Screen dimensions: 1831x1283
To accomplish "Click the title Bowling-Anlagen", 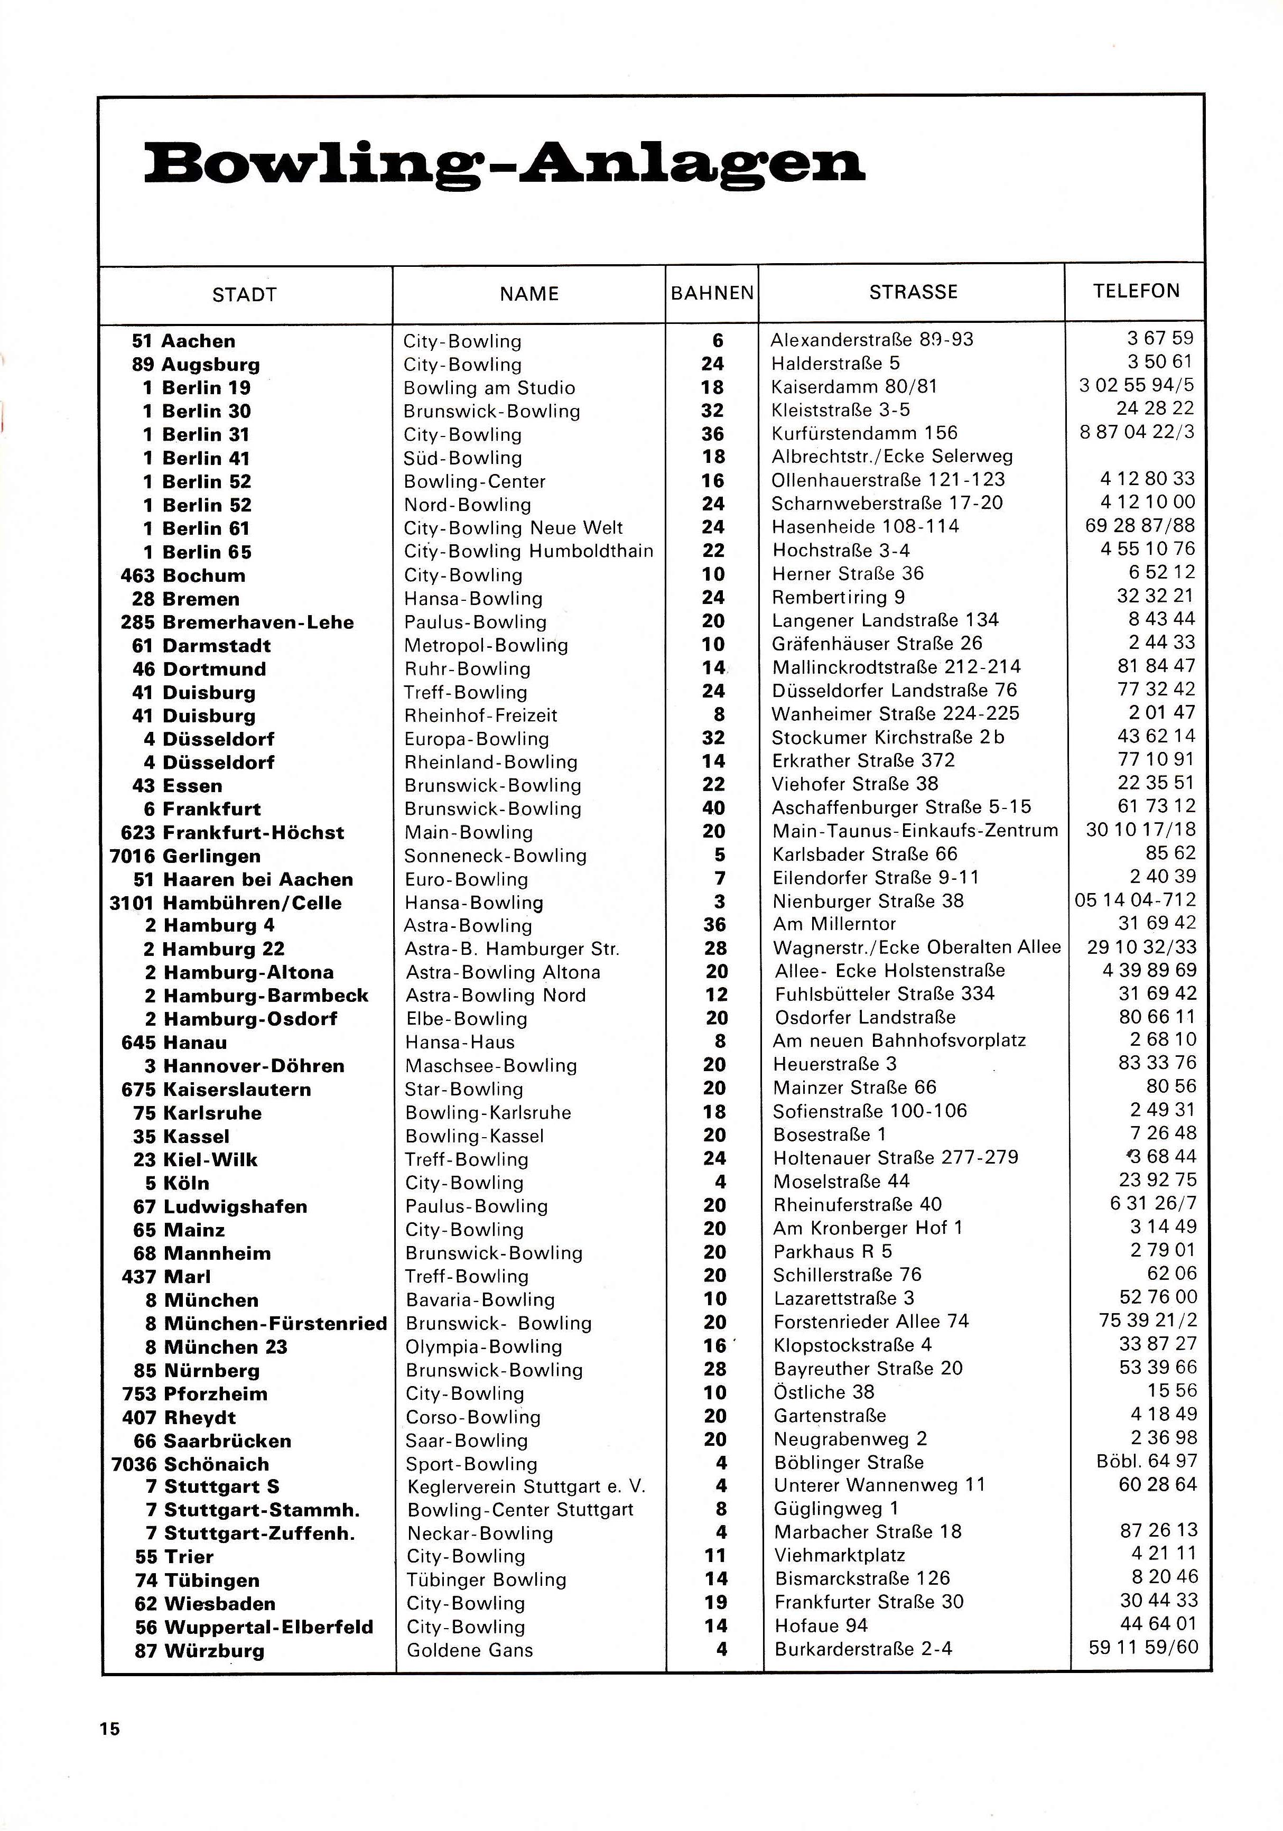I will click(x=504, y=164).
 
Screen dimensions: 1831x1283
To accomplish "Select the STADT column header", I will click(x=244, y=295).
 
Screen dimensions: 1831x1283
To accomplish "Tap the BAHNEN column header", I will click(x=712, y=293).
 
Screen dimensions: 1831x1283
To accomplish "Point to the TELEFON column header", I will click(x=1136, y=291).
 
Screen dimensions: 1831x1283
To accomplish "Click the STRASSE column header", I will click(x=913, y=292).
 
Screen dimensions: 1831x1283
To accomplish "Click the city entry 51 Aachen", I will click(x=183, y=341).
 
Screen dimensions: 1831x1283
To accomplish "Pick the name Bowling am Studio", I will click(x=489, y=388).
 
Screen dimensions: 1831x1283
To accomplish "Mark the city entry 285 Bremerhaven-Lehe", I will click(x=237, y=623).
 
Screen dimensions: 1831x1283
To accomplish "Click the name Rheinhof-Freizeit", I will click(x=481, y=716).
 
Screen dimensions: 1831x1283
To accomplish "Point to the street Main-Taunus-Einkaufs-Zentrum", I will click(x=915, y=831).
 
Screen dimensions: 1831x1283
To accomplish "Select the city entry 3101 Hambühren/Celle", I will click(x=226, y=904).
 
